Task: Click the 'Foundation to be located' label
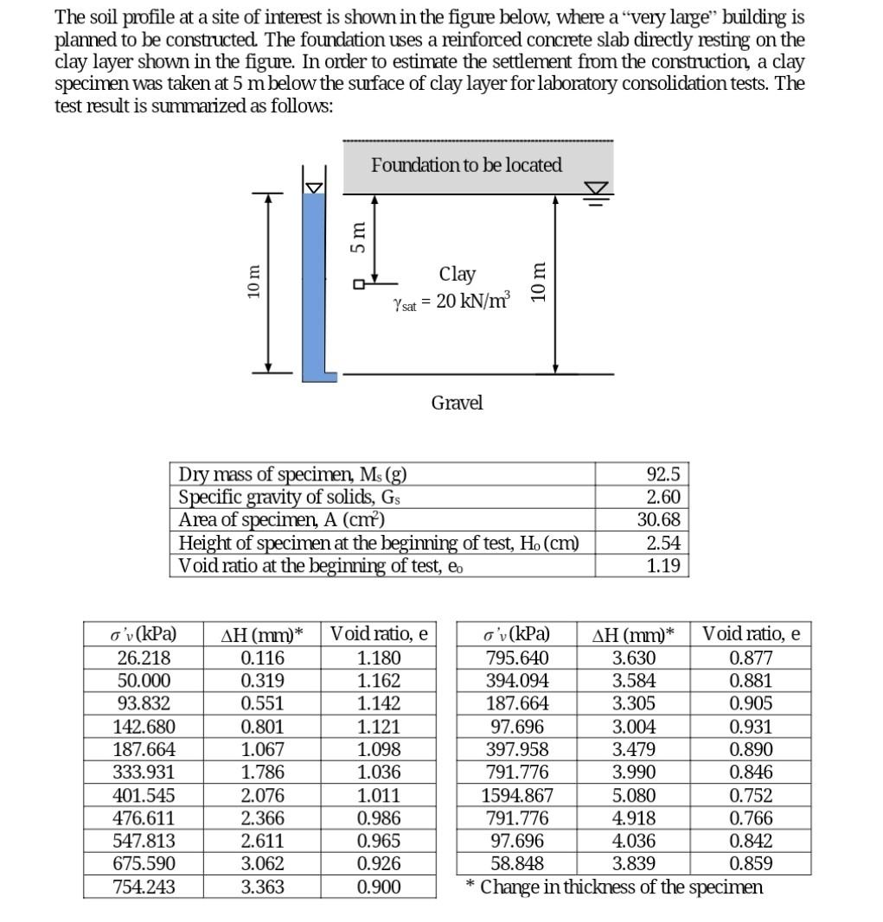[x=466, y=165]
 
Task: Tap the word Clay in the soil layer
[x=457, y=274]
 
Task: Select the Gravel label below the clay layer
[x=457, y=403]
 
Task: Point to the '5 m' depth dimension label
[x=355, y=236]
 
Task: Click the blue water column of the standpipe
[x=313, y=285]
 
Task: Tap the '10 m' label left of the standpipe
[x=253, y=283]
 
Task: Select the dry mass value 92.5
[x=663, y=474]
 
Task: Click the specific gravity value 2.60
[x=663, y=497]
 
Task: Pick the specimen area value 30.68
[x=658, y=520]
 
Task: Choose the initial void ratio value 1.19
[x=663, y=566]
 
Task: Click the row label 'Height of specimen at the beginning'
[x=378, y=544]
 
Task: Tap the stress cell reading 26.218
[x=144, y=658]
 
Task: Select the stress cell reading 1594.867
[x=516, y=795]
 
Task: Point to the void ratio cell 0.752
[x=751, y=795]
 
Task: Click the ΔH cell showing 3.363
[x=262, y=887]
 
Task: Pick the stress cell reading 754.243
[x=144, y=887]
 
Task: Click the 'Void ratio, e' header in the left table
[x=379, y=633]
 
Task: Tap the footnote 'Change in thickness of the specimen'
[x=621, y=887]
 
